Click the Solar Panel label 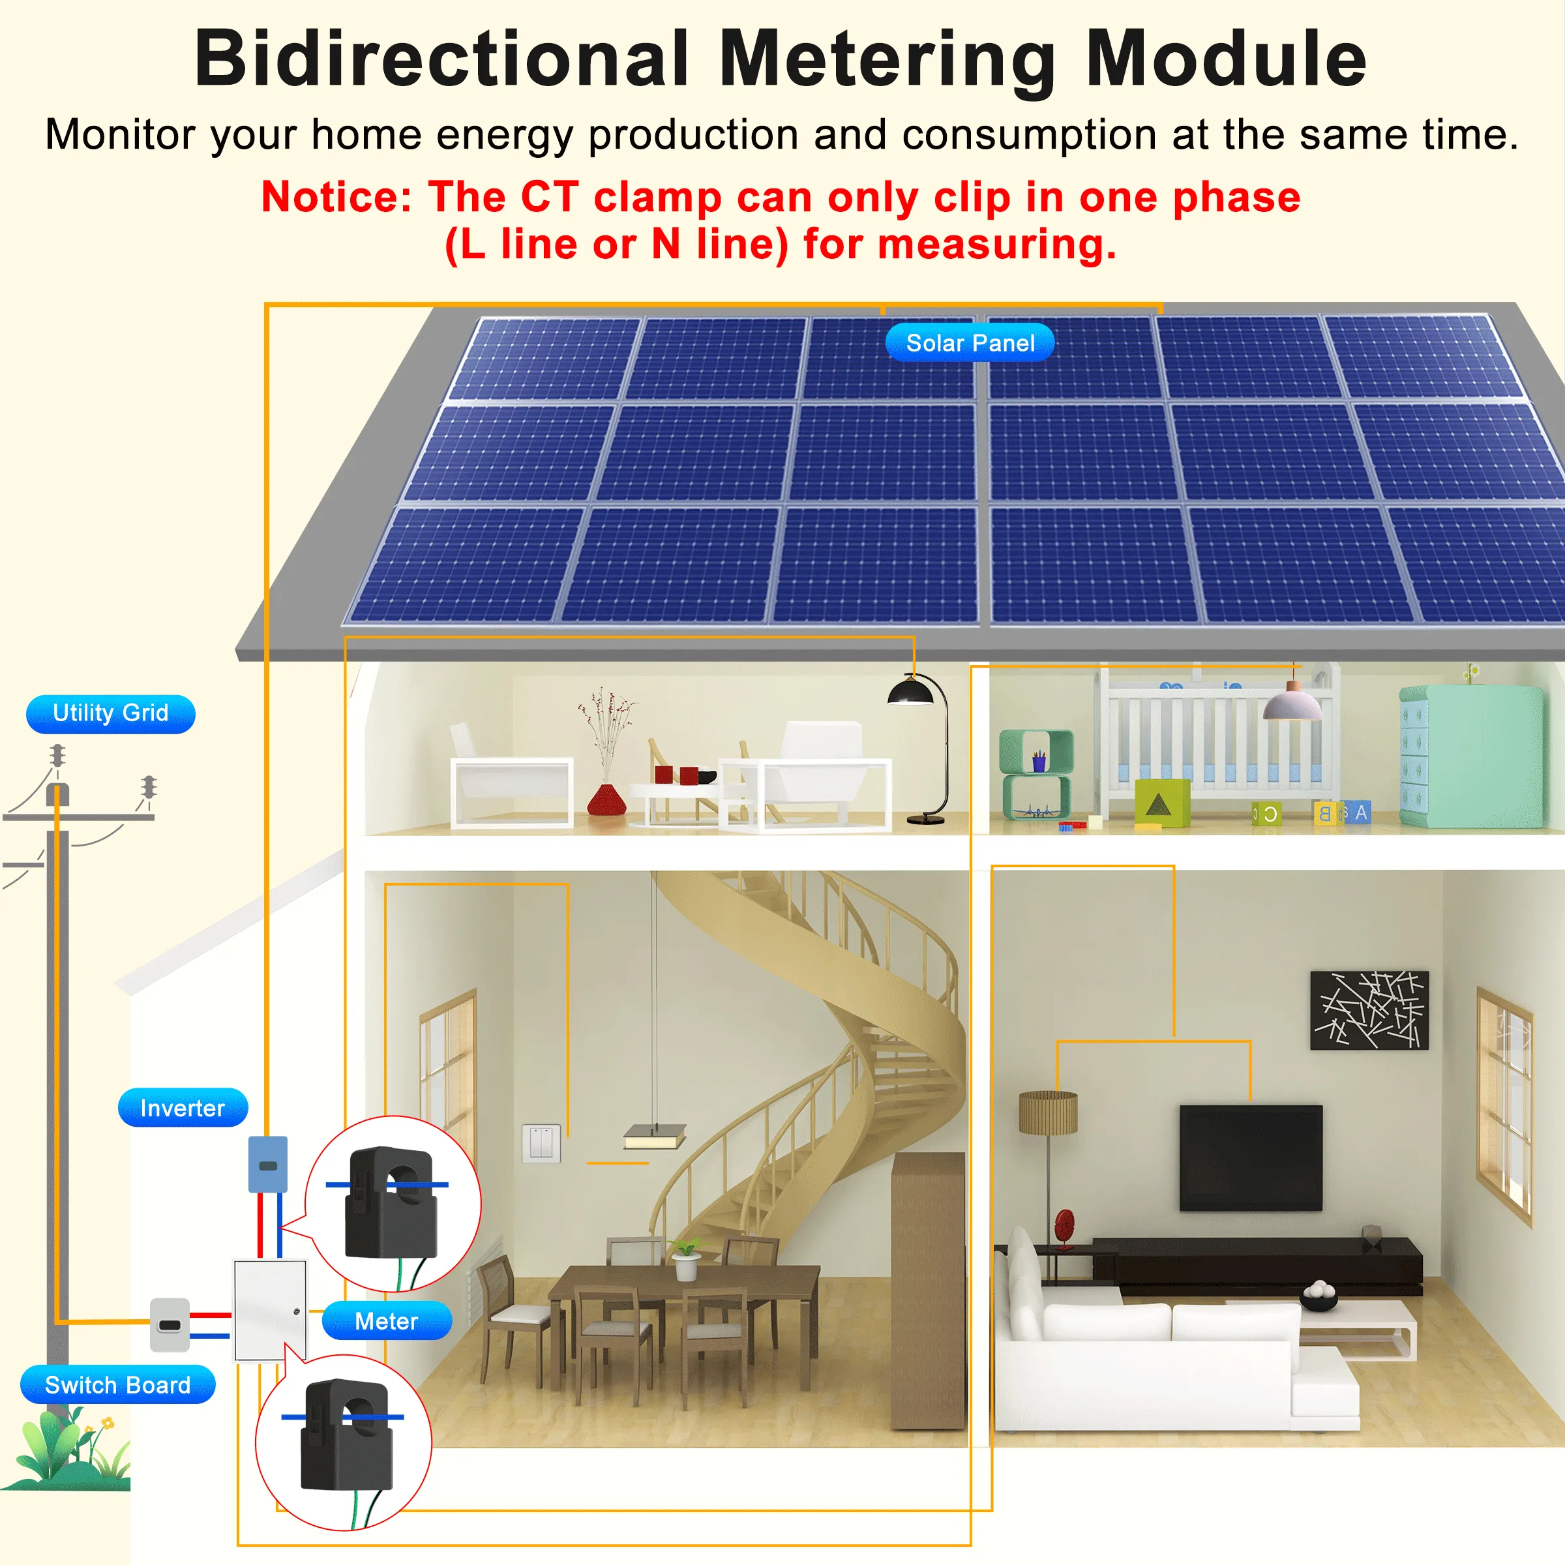click(970, 342)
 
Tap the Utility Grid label click(110, 713)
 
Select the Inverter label click(183, 1107)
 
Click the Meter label click(387, 1321)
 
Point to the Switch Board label click(117, 1384)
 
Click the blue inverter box click(267, 1164)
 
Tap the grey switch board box click(170, 1324)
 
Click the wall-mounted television click(1250, 1157)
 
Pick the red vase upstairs click(606, 799)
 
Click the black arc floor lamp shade click(910, 693)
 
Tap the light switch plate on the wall click(541, 1143)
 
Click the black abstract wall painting click(1369, 1009)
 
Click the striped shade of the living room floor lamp click(1048, 1112)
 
